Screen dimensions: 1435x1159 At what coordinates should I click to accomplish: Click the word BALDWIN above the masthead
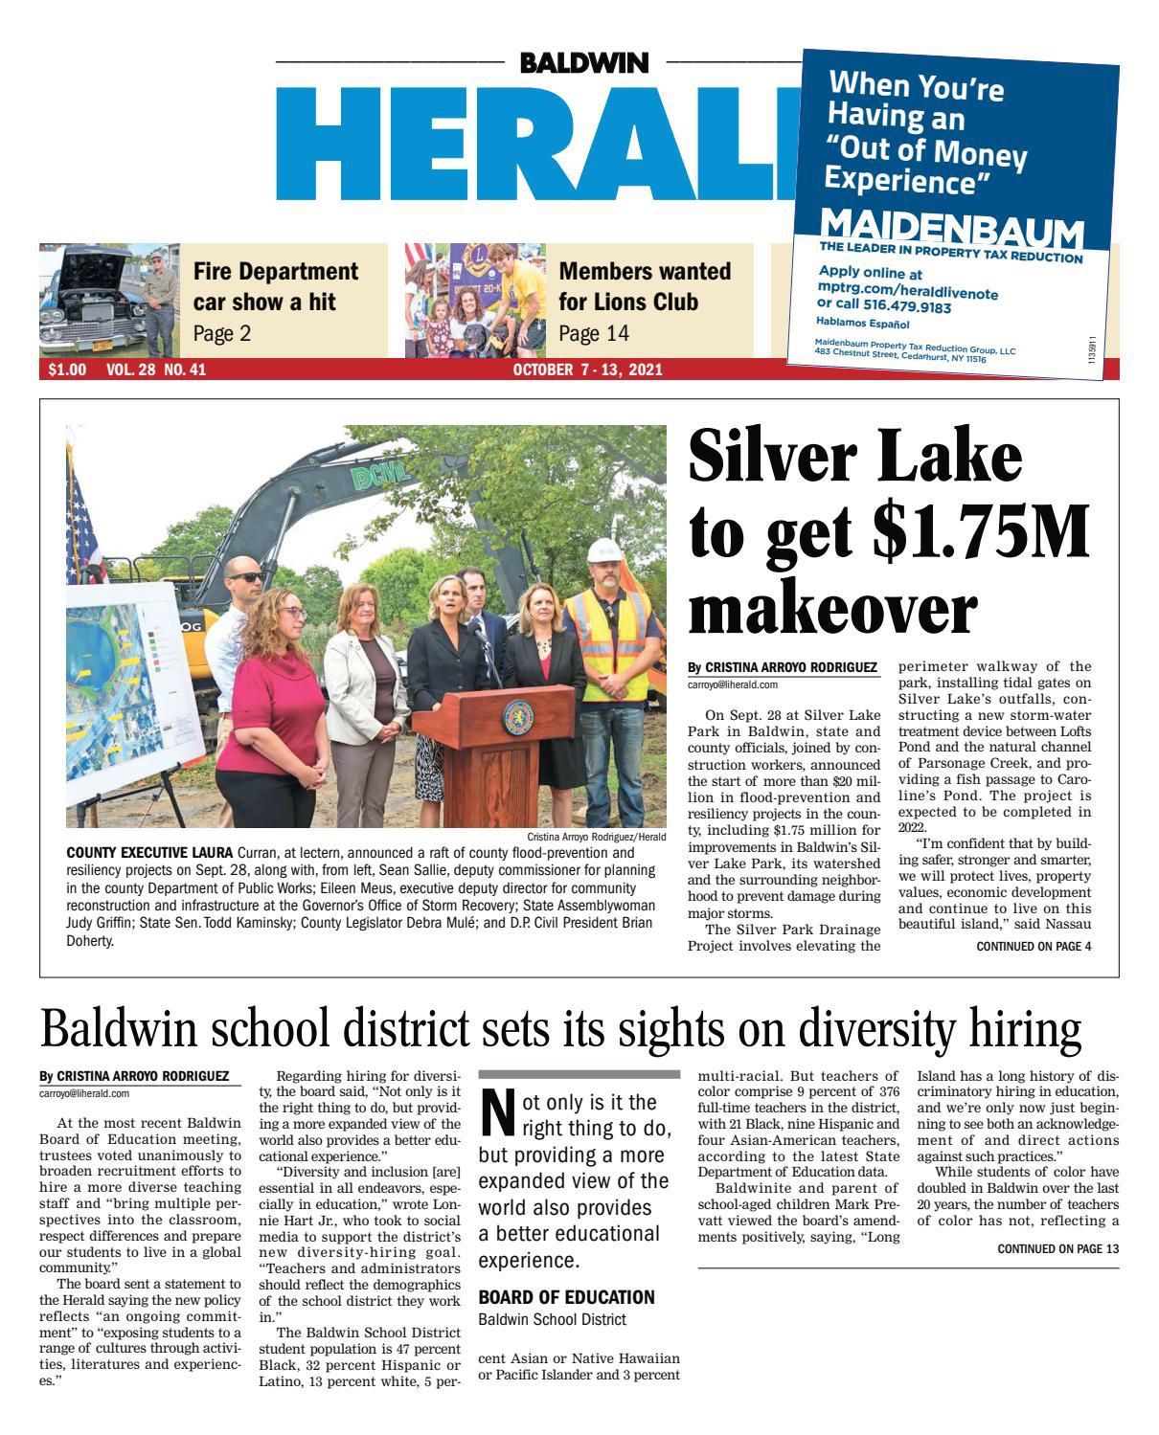coord(584,63)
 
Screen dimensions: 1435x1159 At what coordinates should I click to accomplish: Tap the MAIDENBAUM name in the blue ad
coord(952,228)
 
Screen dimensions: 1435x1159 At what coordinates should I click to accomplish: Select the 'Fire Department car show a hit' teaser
coord(276,301)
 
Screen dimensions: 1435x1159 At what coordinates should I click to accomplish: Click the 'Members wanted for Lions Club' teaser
coord(644,301)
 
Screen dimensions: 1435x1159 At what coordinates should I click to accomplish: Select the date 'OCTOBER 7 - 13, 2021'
coord(587,370)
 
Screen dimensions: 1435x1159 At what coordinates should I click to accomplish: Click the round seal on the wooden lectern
coord(518,716)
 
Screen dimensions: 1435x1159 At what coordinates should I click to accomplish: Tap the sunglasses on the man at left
coord(247,576)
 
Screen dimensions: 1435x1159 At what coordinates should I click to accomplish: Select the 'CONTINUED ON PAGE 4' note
coord(1033,947)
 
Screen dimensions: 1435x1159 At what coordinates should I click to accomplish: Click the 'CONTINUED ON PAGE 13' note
coord(1057,1248)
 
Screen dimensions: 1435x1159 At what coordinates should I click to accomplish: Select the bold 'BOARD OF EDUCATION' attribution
coord(566,1297)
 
